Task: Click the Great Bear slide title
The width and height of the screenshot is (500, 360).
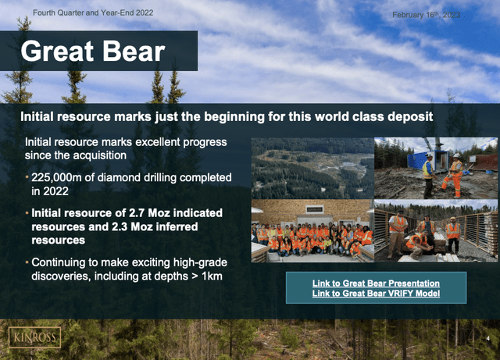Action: pos(93,52)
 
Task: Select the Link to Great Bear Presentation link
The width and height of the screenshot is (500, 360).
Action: pos(376,283)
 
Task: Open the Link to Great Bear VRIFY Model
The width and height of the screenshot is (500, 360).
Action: pos(376,293)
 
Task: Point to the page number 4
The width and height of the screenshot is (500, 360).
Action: pos(487,339)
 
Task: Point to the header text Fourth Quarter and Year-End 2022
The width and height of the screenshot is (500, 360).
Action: pos(94,13)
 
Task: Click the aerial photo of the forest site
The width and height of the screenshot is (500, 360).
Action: pos(312,167)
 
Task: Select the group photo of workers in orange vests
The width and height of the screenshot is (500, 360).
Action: pos(312,230)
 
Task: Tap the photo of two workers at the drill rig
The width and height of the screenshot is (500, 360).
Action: pos(436,167)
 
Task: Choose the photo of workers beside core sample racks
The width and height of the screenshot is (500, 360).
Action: pos(436,230)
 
